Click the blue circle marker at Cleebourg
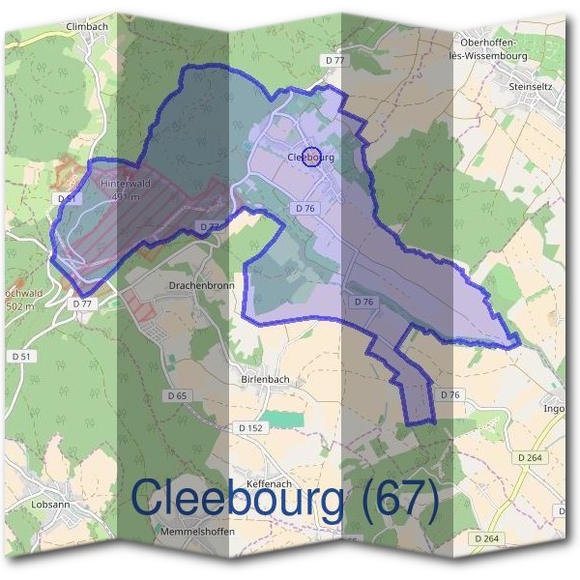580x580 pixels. pyautogui.click(x=311, y=156)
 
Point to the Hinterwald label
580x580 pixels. pyautogui.click(x=125, y=183)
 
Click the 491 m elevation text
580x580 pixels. pyautogui.click(x=126, y=196)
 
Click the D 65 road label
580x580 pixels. pyautogui.click(x=176, y=395)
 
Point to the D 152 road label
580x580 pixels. pyautogui.click(x=249, y=427)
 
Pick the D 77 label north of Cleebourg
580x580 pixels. pyautogui.click(x=334, y=60)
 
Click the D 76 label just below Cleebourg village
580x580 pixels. pyautogui.click(x=305, y=208)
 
